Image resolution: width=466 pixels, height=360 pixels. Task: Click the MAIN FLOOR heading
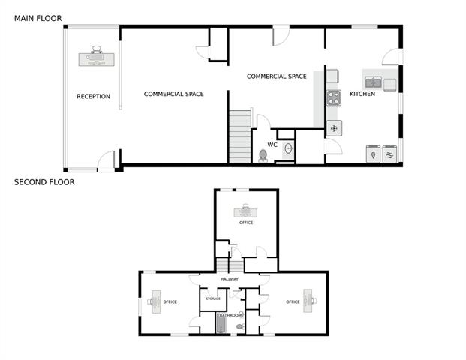click(x=38, y=19)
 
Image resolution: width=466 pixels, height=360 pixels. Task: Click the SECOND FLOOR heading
click(x=44, y=182)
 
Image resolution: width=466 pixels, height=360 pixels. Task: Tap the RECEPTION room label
click(x=93, y=96)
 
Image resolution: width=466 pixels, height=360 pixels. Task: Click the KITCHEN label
click(x=362, y=94)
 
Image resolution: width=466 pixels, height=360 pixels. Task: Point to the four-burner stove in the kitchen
click(x=334, y=98)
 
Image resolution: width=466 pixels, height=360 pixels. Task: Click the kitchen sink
click(x=374, y=82)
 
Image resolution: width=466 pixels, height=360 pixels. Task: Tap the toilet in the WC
click(x=263, y=156)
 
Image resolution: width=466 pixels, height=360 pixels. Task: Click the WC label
click(x=272, y=145)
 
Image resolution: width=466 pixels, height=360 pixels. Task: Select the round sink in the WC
click(x=289, y=148)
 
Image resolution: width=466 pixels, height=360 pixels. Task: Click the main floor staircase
click(x=240, y=136)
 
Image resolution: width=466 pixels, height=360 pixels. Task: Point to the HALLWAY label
click(x=230, y=279)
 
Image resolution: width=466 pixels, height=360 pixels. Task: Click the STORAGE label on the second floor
click(x=213, y=298)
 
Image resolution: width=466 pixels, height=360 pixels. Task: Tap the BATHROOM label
click(x=230, y=315)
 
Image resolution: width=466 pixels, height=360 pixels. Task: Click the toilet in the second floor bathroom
click(x=240, y=327)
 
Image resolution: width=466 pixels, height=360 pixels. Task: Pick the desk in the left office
click(x=156, y=301)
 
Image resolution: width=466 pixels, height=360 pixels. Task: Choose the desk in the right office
click(x=308, y=301)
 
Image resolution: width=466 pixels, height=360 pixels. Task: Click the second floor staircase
click(x=230, y=265)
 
